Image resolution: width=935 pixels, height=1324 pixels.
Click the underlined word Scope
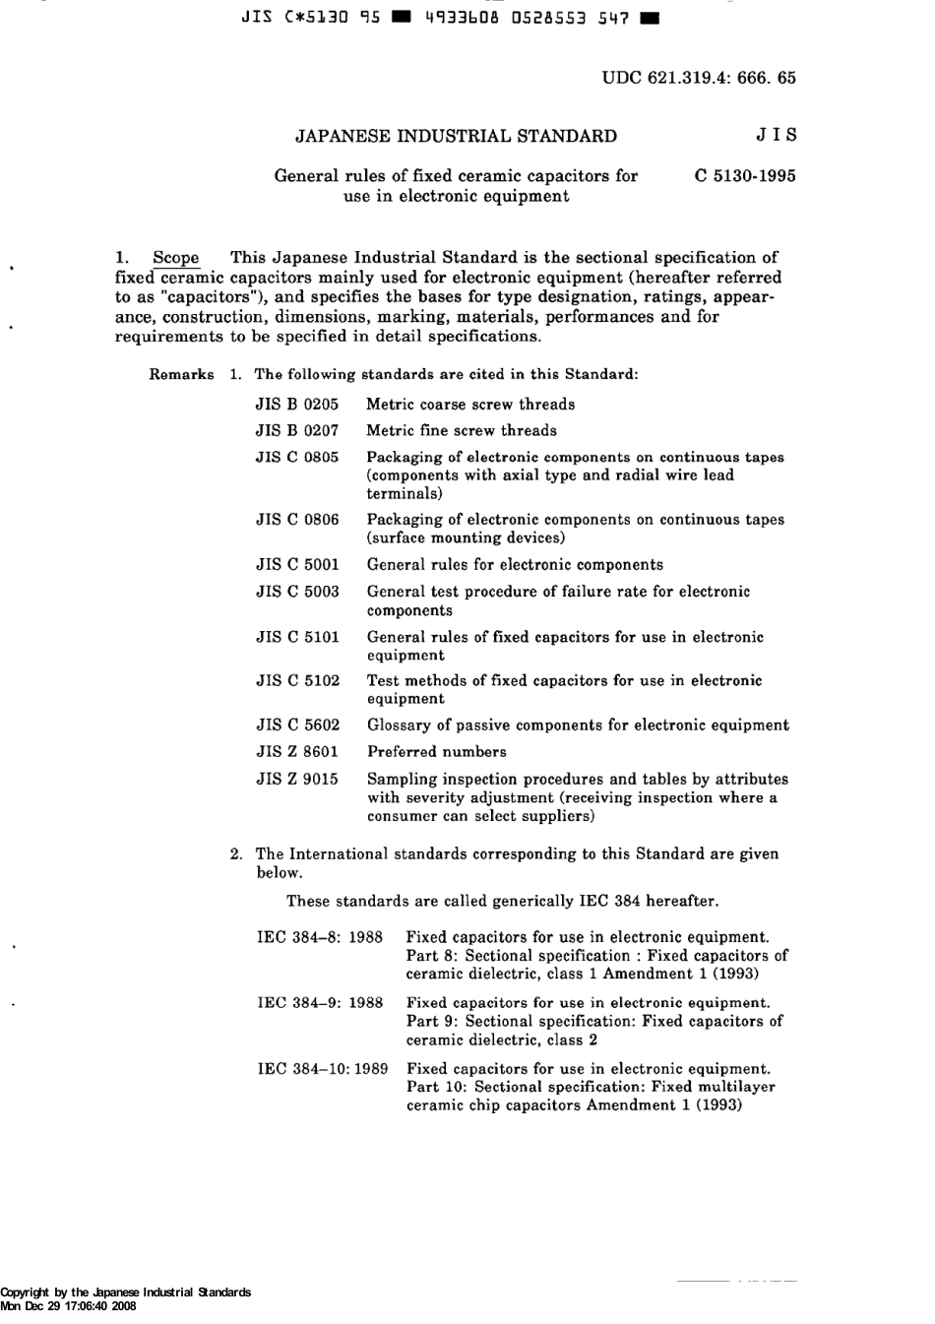coord(176,259)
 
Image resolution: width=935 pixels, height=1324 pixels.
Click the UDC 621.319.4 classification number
coord(699,78)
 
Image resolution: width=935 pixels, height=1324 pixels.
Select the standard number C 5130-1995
coord(745,177)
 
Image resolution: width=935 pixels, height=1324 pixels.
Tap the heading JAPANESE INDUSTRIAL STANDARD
coord(456,137)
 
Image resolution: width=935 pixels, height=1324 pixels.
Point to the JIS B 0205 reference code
coord(297,405)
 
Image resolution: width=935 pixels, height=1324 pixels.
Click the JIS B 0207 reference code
coord(297,431)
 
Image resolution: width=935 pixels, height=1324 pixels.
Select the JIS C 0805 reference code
coord(297,458)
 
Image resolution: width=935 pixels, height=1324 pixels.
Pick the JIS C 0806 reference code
coord(297,520)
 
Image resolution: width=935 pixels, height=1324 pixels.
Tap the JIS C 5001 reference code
coord(297,565)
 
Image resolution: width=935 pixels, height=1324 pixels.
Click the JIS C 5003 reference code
coord(297,592)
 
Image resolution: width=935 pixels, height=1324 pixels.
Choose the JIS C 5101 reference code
coord(297,637)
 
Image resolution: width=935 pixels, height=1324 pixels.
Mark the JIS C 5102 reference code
coord(297,681)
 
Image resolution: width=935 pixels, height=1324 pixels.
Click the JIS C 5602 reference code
coord(297,725)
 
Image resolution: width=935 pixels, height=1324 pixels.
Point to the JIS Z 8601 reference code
coord(297,752)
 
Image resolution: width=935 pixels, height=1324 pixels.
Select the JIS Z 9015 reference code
coord(297,780)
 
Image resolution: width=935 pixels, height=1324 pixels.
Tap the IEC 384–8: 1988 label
coord(320,938)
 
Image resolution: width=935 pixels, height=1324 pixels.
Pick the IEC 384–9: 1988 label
coord(320,1003)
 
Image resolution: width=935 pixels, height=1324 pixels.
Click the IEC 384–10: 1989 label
coord(323,1069)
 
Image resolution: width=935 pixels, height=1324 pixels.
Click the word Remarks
coord(182,375)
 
